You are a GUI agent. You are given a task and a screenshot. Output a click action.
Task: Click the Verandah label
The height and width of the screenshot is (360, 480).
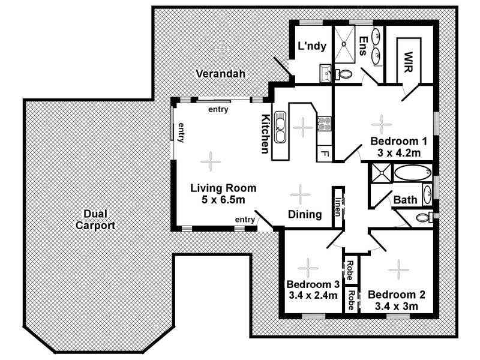click(221, 74)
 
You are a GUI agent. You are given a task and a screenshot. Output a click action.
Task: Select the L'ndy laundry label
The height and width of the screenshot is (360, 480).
click(310, 46)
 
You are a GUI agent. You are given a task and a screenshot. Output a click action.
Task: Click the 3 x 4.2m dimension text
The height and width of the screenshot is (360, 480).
click(398, 152)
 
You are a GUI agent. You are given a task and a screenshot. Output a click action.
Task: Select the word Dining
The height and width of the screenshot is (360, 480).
click(305, 214)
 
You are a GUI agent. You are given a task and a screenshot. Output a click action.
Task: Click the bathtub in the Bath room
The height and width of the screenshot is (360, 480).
click(412, 174)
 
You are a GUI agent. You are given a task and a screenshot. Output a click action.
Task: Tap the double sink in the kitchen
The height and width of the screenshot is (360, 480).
click(281, 128)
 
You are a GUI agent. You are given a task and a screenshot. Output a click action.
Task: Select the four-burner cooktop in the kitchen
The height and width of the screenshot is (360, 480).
click(325, 124)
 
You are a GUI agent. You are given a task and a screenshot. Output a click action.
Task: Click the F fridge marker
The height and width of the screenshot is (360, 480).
click(325, 154)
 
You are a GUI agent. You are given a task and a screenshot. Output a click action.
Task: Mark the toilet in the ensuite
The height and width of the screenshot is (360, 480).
click(344, 75)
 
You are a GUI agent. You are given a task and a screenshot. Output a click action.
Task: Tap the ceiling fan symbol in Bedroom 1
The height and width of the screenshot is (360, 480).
click(382, 123)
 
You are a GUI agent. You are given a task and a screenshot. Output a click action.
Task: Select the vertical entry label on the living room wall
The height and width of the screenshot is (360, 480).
click(180, 131)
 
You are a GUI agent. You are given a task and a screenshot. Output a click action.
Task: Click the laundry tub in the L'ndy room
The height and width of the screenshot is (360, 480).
click(325, 73)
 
